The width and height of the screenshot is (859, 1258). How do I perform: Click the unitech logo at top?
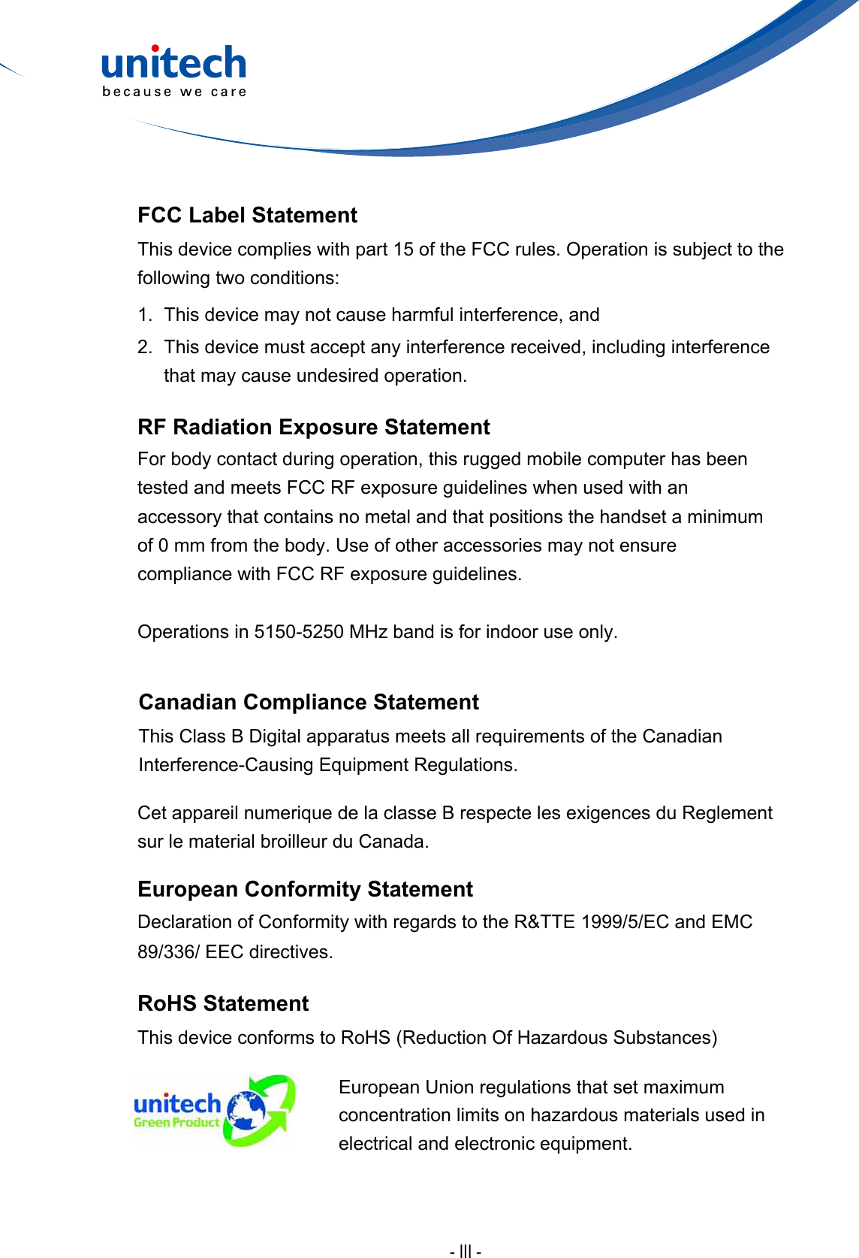[173, 63]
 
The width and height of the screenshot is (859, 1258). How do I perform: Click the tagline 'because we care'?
[174, 92]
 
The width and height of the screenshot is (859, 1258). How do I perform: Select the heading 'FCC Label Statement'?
[247, 216]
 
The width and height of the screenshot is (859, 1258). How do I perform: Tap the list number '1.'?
[145, 315]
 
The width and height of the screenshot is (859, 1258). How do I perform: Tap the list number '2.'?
[145, 347]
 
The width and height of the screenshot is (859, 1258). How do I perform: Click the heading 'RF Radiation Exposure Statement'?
[313, 428]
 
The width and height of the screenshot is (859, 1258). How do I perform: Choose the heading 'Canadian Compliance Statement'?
[309, 703]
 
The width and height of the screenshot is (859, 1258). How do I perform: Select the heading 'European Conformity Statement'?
[305, 890]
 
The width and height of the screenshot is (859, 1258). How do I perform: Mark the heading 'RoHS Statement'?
[223, 1004]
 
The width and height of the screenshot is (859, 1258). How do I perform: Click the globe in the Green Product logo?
[247, 1111]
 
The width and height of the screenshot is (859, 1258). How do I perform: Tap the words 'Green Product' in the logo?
[176, 1123]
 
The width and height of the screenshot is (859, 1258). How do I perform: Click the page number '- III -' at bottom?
[466, 1251]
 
